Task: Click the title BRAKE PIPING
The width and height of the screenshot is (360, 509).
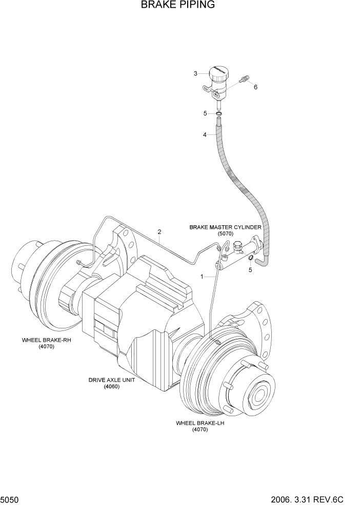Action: [177, 6]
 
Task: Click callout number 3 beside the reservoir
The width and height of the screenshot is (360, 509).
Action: [195, 73]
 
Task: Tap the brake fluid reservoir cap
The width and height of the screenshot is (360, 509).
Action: [219, 72]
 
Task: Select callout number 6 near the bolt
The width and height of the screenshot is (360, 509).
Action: [255, 87]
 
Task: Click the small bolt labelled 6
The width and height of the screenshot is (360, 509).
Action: [245, 79]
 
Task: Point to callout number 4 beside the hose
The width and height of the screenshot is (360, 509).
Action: [205, 135]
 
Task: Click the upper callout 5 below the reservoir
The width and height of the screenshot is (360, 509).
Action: [205, 113]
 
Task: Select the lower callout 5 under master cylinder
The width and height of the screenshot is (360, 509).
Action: [250, 270]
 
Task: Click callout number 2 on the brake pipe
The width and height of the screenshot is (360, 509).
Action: [159, 231]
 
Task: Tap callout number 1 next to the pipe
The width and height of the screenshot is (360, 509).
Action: [202, 277]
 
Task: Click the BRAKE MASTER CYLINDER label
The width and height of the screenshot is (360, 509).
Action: [225, 227]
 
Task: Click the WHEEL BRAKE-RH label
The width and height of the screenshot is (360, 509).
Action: [46, 340]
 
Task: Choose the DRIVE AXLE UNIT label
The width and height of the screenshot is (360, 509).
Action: [111, 380]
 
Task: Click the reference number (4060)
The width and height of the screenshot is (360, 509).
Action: [111, 387]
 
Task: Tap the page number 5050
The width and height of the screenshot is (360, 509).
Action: [10, 500]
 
